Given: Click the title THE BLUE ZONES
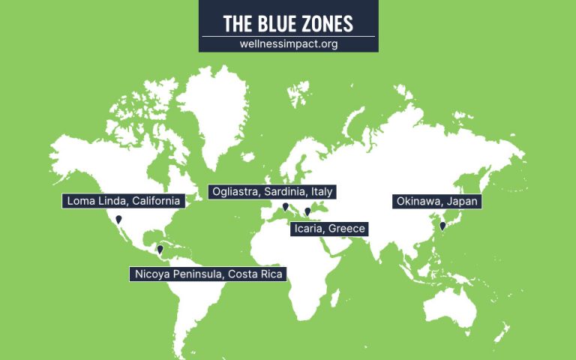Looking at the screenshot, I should point(288,23).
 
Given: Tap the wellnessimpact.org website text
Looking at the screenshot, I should point(288,43).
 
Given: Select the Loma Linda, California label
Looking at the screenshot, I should point(124,201).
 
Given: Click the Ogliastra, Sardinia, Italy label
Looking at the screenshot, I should point(271,191).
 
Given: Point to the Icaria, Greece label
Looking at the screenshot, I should point(330,228).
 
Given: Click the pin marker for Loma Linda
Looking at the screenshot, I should point(118,220).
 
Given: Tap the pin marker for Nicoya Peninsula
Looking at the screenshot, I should point(160,250).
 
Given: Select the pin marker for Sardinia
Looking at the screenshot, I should point(285,207).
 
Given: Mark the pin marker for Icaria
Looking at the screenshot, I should point(307,212).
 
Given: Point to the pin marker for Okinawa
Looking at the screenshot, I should point(442,225).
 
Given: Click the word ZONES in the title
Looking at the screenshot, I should point(326,23).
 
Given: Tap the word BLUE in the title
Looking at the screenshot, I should point(275,23).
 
